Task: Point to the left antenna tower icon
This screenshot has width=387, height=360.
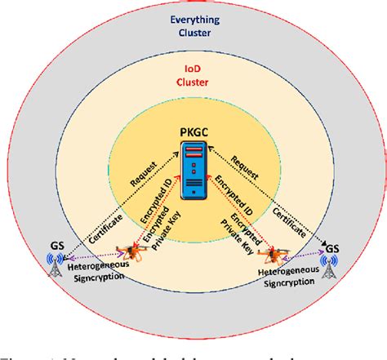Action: (x=55, y=268)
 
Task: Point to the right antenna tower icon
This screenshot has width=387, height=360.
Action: (x=330, y=266)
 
